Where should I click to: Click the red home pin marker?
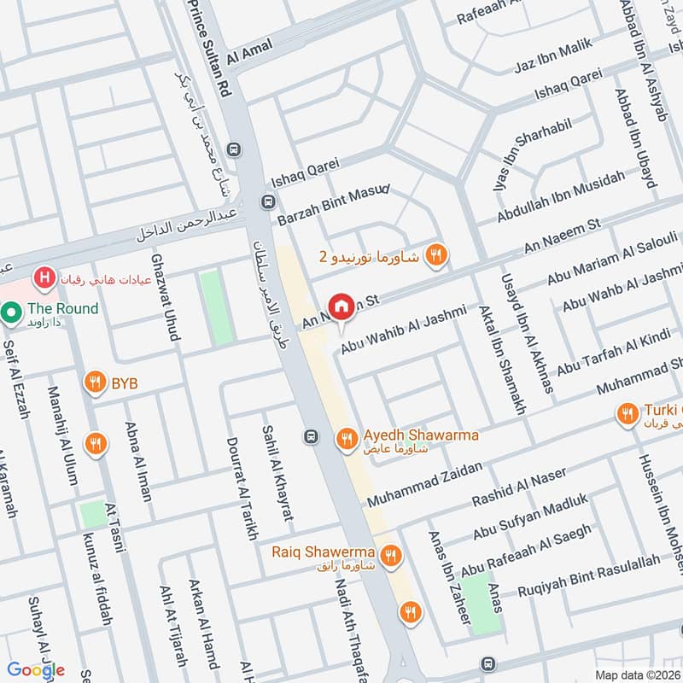341,306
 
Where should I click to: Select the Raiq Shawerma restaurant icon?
391,556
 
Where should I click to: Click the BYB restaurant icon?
94,383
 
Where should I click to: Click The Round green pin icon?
10,312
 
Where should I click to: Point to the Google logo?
37,669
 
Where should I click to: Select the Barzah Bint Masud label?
333,204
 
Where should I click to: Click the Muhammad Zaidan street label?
424,484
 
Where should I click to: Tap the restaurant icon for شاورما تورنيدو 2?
437,254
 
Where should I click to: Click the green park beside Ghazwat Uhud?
215,307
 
